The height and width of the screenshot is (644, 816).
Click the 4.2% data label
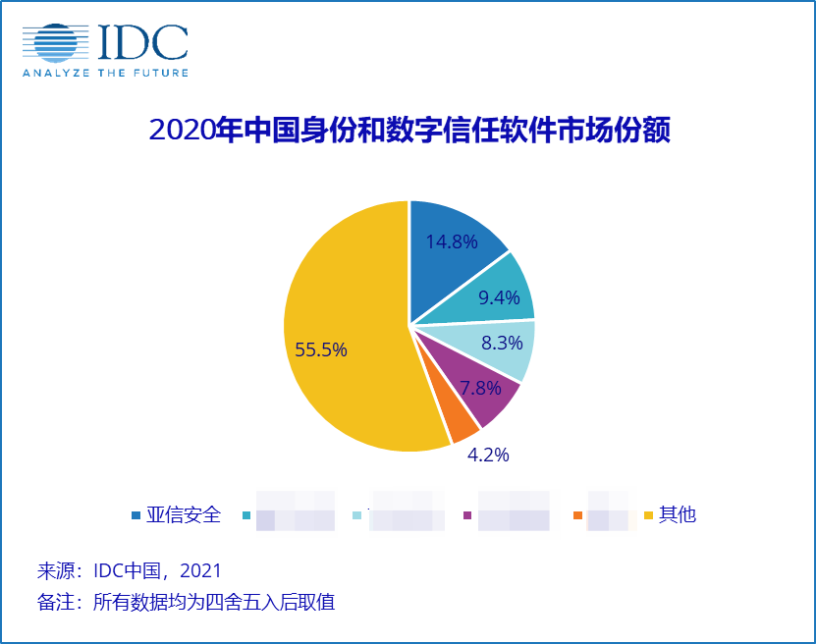point(487,455)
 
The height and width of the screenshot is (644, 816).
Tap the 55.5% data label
point(320,350)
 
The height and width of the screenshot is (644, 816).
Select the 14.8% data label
point(452,241)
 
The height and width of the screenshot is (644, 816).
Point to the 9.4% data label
point(499,297)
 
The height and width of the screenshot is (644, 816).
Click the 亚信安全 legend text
point(184,514)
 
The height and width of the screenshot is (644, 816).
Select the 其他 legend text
point(678,514)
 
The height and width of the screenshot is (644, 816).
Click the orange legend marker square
point(577,515)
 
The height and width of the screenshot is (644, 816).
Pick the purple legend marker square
point(467,515)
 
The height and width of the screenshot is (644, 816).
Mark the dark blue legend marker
point(136,515)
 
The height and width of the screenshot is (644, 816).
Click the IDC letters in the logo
point(141,41)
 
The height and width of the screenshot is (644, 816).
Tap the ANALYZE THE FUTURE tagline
point(105,73)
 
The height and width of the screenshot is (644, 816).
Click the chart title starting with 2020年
point(408,130)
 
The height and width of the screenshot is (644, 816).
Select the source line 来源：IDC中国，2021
point(129,570)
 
